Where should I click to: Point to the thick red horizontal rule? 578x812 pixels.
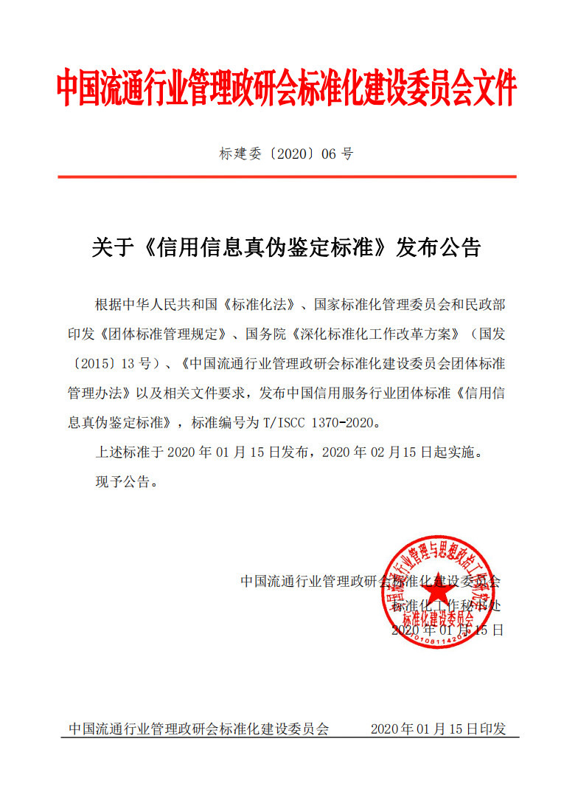click(288, 177)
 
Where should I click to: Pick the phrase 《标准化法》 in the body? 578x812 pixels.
click(264, 304)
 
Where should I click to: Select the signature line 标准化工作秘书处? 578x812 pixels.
click(445, 606)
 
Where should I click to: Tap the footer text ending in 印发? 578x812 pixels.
click(439, 729)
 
